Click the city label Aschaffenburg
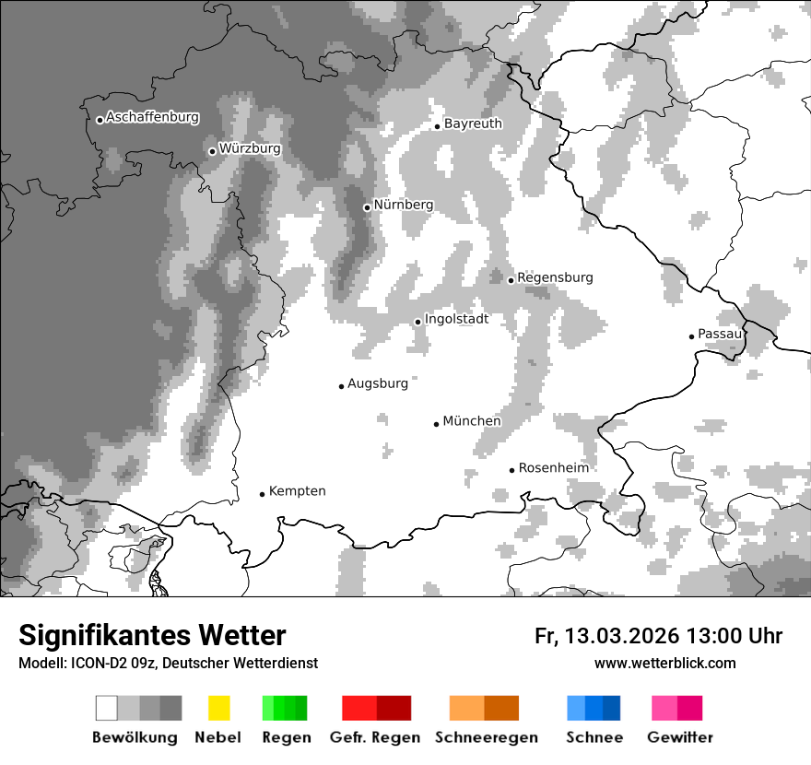152,118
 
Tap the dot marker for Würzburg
212,151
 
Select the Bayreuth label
473,124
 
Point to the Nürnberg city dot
367,207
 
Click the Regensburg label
555,277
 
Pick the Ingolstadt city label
456,319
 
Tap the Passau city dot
691,336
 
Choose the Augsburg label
378,383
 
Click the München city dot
436,424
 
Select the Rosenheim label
553,468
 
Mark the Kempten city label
297,491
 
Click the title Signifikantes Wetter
152,635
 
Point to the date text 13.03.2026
622,636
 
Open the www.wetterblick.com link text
664,664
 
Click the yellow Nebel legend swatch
218,708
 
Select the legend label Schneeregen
487,737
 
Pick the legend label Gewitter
680,737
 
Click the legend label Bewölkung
135,737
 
